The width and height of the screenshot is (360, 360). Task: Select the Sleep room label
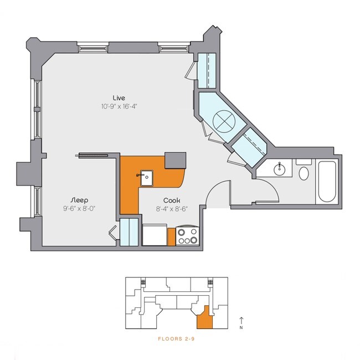coord(80,199)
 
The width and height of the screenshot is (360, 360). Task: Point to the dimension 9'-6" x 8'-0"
coord(80,208)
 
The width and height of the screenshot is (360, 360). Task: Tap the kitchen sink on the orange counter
coord(145,177)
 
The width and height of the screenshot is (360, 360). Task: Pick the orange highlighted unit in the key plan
coord(204,317)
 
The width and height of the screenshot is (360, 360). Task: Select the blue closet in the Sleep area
coord(129,232)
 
